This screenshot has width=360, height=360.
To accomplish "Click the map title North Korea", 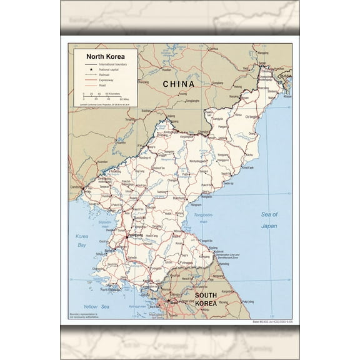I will click(105, 56).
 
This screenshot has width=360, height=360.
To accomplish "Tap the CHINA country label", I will click(178, 84).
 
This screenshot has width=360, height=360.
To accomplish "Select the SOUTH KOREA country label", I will click(205, 299).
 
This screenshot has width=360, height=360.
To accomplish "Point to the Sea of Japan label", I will click(269, 220).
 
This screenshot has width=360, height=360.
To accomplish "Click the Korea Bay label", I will click(82, 240).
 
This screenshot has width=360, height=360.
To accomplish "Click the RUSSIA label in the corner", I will click(285, 76).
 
